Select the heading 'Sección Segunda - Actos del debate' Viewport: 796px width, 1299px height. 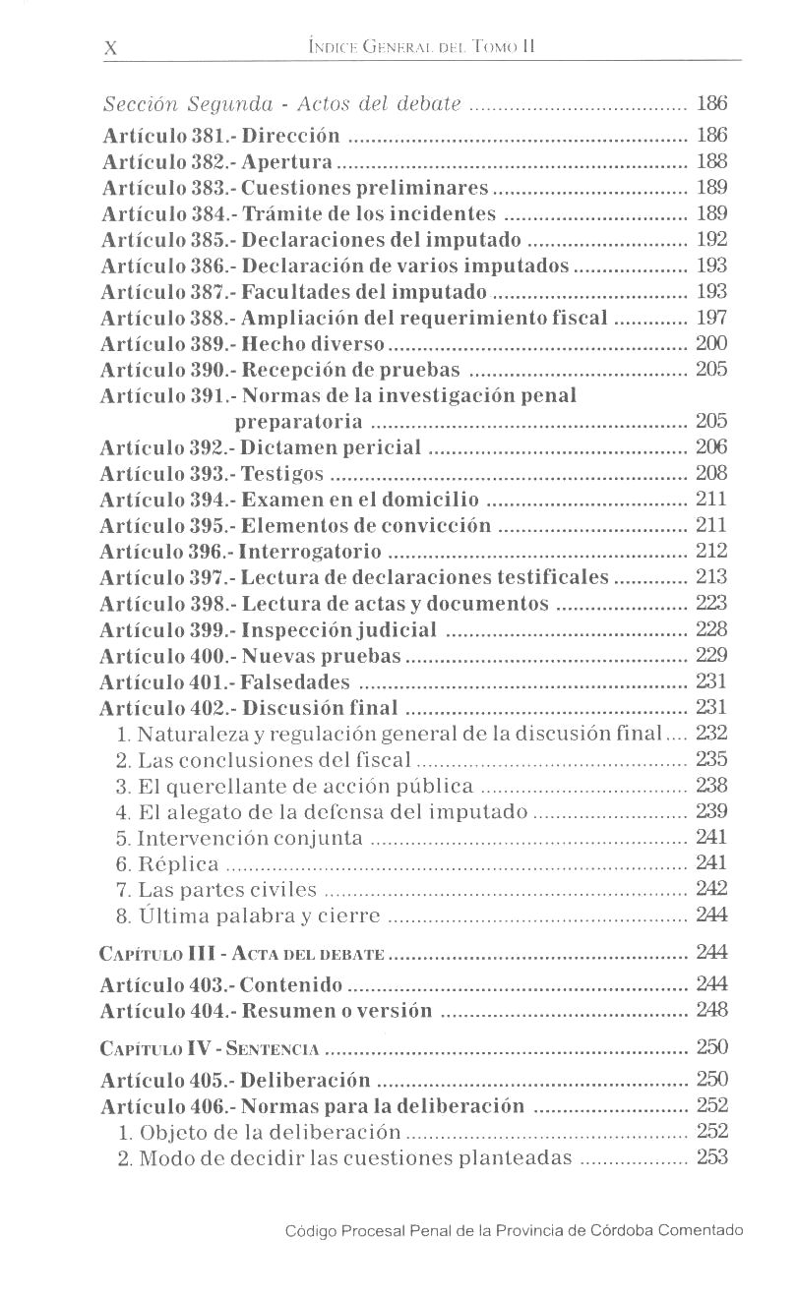[283, 104]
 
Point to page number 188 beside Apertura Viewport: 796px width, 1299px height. [710, 161]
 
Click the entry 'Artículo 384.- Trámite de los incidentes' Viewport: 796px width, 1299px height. [298, 213]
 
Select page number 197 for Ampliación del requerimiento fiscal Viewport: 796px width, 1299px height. [710, 318]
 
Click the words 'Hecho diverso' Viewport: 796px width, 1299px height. [314, 344]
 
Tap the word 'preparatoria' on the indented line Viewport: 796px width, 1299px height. [299, 422]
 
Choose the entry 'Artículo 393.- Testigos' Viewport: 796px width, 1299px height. [213, 474]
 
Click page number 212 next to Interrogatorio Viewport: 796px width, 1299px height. [710, 551]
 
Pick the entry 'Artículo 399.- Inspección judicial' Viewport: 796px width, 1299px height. [269, 629]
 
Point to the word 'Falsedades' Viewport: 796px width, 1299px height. [296, 681]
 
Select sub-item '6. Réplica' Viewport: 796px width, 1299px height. [167, 864]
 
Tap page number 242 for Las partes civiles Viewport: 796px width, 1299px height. [710, 889]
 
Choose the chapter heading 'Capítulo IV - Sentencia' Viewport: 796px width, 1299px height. [210, 1047]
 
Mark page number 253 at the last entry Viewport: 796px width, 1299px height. [710, 1157]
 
